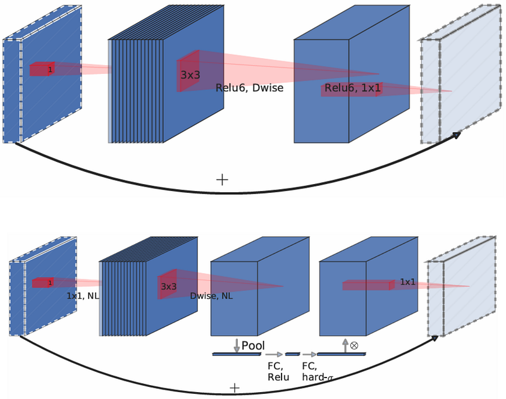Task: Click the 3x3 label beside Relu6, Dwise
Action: (190, 74)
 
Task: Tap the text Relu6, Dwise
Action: (249, 88)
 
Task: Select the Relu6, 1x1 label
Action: (352, 89)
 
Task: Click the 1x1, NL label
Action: (83, 295)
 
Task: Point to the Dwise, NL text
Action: (211, 295)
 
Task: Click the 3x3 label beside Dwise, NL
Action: (168, 286)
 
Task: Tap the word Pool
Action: (253, 346)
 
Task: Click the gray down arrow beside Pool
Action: (237, 345)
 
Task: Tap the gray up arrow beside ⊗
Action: (345, 345)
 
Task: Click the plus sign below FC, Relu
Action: (235, 388)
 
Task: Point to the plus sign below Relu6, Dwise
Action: (221, 179)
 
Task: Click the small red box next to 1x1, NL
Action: (42, 283)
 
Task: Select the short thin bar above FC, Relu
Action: (293, 355)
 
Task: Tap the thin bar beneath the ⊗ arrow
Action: (341, 355)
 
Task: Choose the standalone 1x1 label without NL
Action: (408, 282)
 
